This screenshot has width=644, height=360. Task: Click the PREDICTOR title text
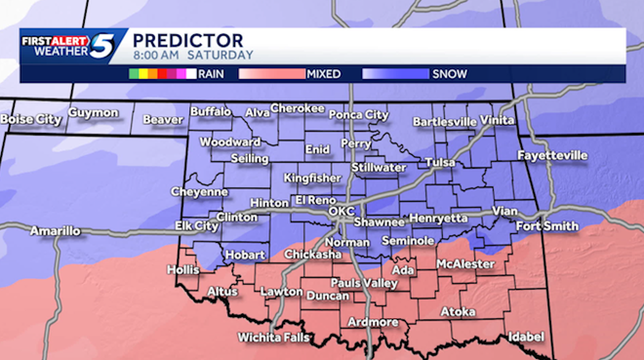(x=187, y=39)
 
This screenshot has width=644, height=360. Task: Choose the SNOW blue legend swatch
(x=395, y=72)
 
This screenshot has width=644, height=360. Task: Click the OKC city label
(x=341, y=211)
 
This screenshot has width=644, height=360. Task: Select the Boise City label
(x=31, y=119)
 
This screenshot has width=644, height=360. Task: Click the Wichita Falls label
(x=273, y=338)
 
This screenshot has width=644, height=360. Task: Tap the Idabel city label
(x=526, y=337)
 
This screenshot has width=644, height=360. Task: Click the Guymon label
(x=94, y=113)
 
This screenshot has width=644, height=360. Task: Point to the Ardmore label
(x=372, y=322)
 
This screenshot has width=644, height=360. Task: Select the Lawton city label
(x=281, y=292)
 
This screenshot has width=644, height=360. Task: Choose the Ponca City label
(x=357, y=114)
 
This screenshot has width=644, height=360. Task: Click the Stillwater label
(x=379, y=167)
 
